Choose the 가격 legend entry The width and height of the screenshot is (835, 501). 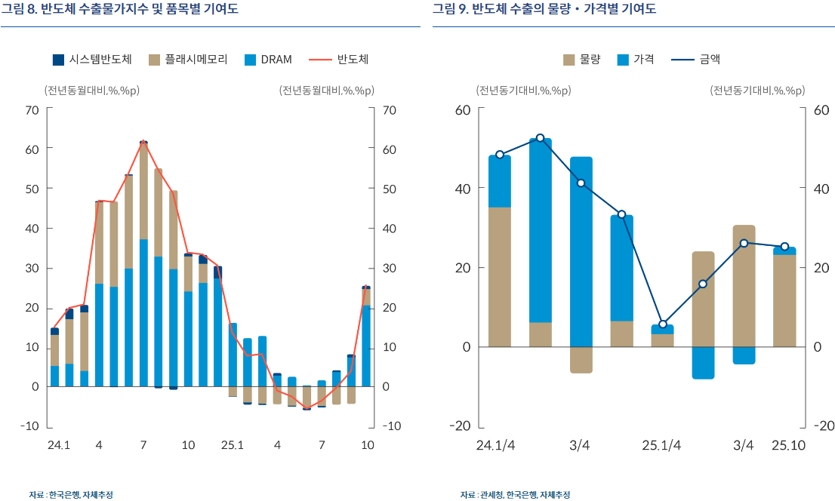click(x=635, y=60)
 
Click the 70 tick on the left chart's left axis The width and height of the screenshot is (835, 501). click(x=32, y=110)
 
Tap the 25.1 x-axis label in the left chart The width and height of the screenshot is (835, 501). click(x=233, y=445)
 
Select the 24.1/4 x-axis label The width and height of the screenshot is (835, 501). click(x=496, y=445)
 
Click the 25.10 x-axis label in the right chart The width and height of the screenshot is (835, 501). click(x=788, y=445)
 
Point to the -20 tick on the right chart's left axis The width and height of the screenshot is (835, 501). click(x=461, y=426)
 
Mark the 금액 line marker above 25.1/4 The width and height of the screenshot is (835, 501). click(x=663, y=324)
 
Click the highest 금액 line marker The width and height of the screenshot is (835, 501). click(x=541, y=138)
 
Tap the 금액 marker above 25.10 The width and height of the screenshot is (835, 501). click(x=784, y=247)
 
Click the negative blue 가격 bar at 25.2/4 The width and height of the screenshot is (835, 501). click(x=703, y=362)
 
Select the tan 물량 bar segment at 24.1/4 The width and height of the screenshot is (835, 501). click(x=500, y=276)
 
